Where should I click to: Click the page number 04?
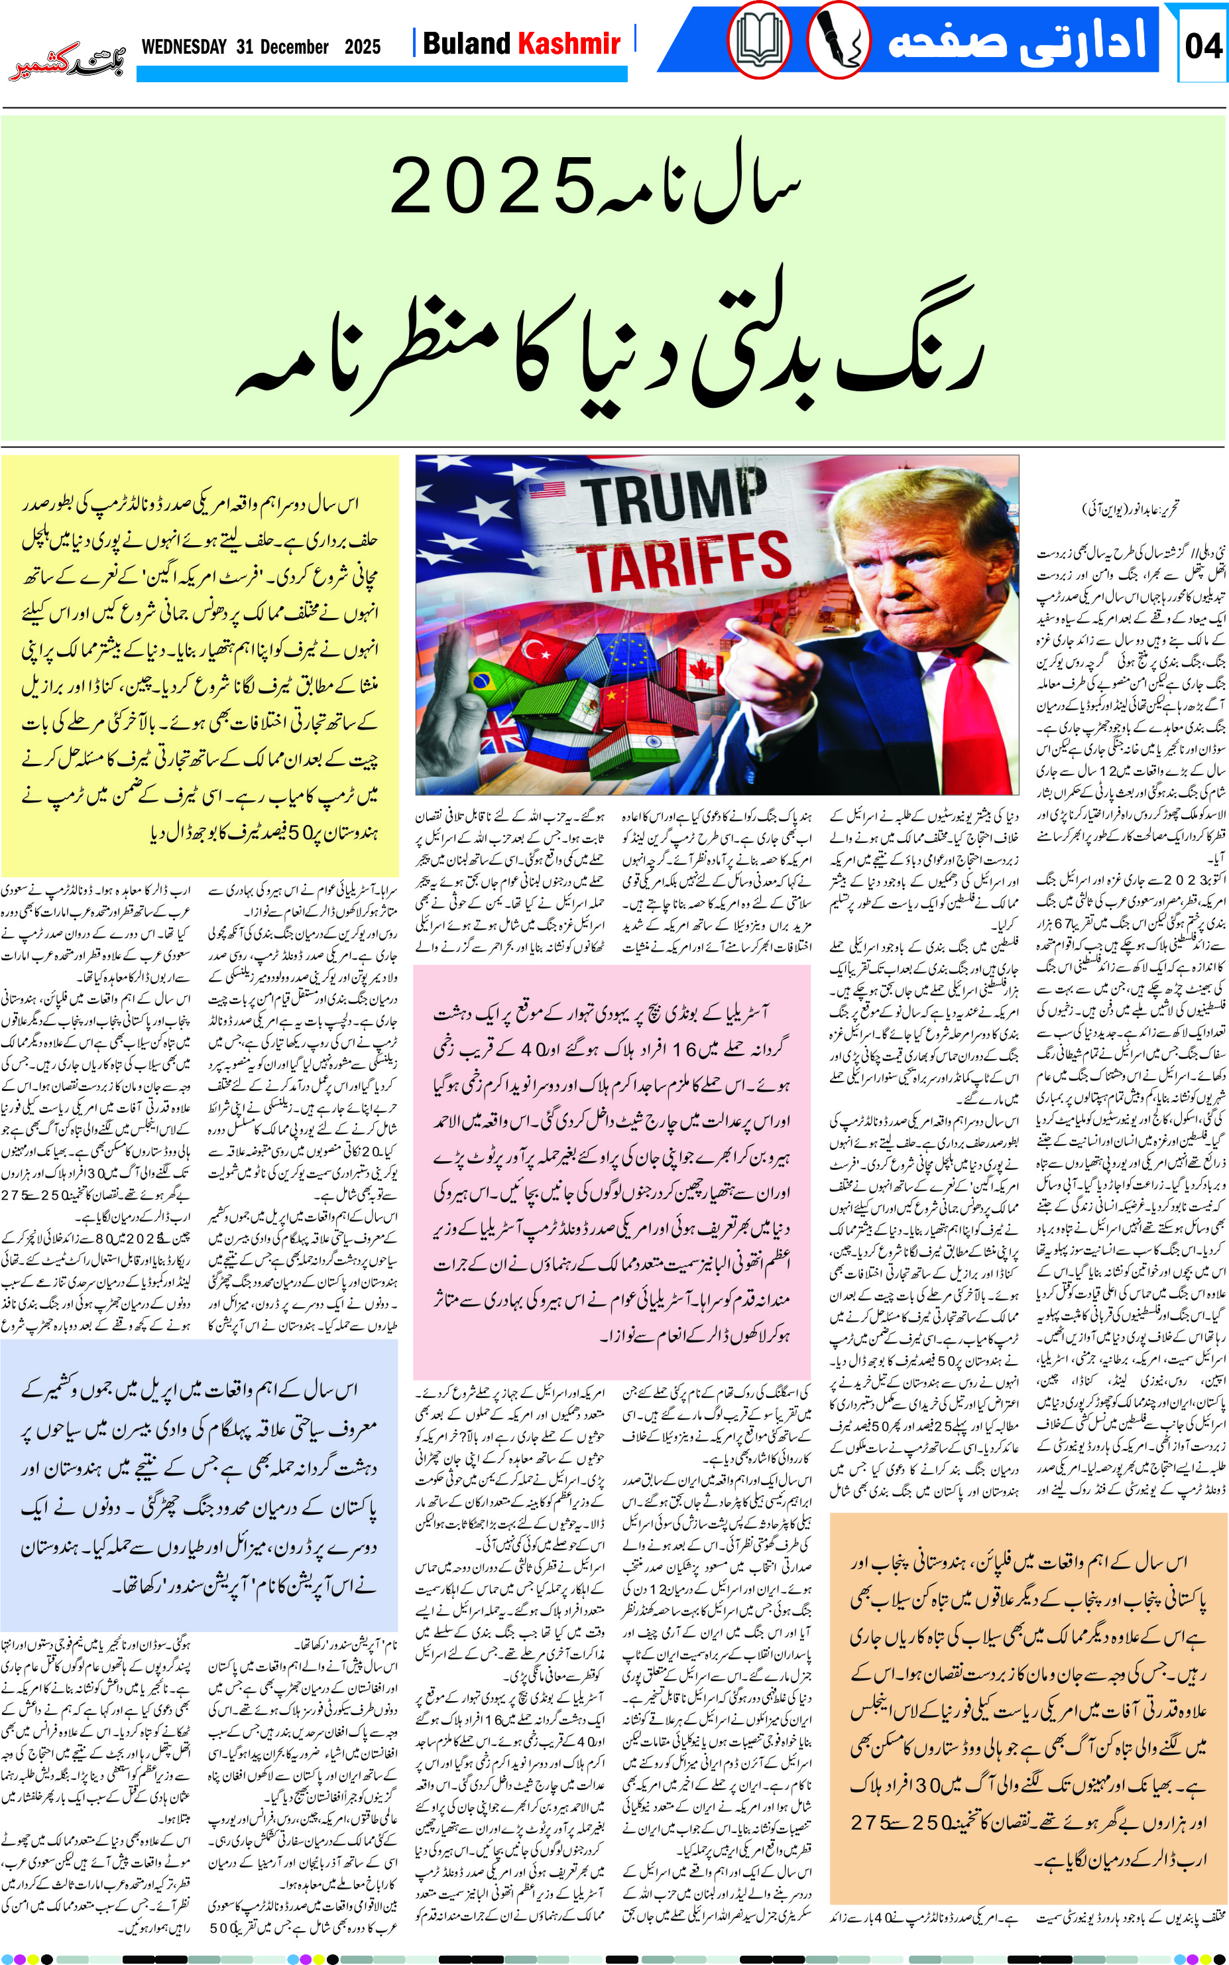coord(1203,46)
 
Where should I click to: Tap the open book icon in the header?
coord(758,40)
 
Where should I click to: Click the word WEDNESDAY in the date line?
coord(184,47)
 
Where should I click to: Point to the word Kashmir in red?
coord(569,44)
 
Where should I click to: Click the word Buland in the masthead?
coord(467,44)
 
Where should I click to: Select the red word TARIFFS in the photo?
coord(683,561)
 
